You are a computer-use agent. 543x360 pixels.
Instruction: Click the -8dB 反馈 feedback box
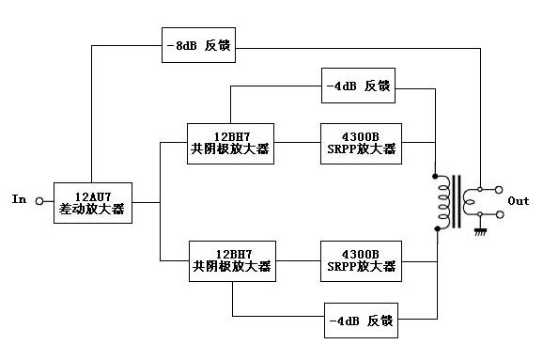tap(198, 45)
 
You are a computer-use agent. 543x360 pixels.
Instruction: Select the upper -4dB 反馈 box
tap(358, 86)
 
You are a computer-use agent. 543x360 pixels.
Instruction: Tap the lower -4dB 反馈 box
tap(361, 321)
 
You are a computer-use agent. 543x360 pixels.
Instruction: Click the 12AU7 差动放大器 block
tap(93, 203)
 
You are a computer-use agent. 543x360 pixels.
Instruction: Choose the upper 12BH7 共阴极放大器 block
tap(230, 144)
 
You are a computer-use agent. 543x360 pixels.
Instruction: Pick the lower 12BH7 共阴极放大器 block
tap(232, 261)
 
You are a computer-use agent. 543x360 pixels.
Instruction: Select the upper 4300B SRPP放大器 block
tap(361, 144)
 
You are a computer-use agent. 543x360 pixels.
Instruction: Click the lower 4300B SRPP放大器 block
tap(361, 261)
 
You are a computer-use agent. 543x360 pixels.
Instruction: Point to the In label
tap(19, 199)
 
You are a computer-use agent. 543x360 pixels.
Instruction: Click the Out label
tap(519, 201)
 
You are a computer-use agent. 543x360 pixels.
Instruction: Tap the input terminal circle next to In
tap(39, 201)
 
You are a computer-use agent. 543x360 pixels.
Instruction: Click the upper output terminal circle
tap(499, 190)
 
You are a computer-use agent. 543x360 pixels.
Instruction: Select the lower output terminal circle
tap(500, 215)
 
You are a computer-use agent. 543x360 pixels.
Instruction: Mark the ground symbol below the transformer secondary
tap(480, 231)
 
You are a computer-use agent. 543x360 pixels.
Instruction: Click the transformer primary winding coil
tap(444, 202)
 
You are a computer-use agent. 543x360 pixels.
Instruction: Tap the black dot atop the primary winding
tap(435, 177)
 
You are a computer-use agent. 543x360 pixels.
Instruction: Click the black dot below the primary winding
tap(437, 228)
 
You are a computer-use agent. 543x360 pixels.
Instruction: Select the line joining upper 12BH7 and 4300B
tap(297, 143)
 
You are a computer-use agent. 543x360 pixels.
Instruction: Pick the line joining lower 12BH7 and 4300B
tap(298, 261)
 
